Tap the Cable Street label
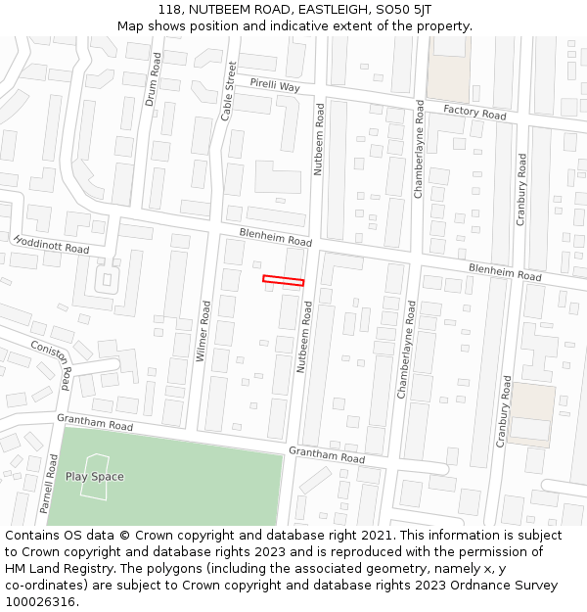[229, 91]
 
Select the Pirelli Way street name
[274, 86]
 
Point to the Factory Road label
[474, 113]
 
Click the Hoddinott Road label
[51, 244]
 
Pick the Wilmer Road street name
[204, 331]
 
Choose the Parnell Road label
[48, 484]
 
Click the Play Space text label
[95, 477]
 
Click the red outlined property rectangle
[283, 281]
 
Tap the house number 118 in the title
[169, 9]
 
